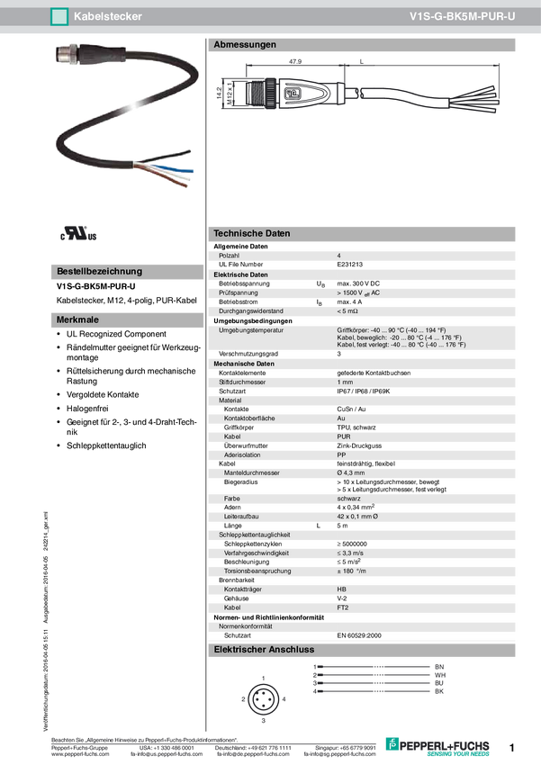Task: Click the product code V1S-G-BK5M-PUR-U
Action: pyautogui.click(x=463, y=16)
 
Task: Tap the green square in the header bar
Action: pyautogui.click(x=60, y=16)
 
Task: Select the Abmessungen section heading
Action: pyautogui.click(x=244, y=45)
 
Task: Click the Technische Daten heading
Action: pyautogui.click(x=251, y=233)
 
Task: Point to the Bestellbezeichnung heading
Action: pyautogui.click(x=99, y=271)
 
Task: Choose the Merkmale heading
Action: pyautogui.click(x=77, y=319)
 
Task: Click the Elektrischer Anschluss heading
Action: pyautogui.click(x=264, y=650)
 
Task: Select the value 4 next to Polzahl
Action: pyautogui.click(x=339, y=256)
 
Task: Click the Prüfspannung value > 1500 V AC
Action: pyautogui.click(x=358, y=292)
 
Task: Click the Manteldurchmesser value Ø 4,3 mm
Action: pyautogui.click(x=351, y=472)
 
